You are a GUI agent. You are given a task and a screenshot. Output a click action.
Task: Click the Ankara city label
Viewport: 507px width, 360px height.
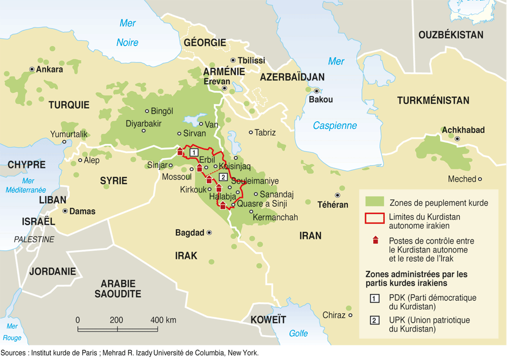50,69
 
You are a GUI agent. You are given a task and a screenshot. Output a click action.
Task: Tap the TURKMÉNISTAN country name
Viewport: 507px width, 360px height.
433,100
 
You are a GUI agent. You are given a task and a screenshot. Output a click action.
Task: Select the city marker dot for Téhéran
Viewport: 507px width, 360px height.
337,195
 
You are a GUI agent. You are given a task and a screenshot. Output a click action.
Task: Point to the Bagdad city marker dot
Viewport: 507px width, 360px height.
209,233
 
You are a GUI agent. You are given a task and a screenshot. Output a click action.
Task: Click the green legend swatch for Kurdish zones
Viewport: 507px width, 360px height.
374,202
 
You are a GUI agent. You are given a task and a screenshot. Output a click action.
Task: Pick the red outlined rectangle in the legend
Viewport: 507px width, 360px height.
374,219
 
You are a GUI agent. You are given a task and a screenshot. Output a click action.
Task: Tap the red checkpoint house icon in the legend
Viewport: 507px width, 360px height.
375,240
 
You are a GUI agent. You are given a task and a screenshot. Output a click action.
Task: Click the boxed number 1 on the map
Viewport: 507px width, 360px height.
193,152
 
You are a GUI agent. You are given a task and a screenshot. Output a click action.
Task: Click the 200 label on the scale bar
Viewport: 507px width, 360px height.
117,320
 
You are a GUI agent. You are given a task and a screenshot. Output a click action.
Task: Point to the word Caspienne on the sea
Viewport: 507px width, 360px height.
335,126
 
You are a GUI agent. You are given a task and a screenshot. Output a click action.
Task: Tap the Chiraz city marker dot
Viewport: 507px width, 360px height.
350,315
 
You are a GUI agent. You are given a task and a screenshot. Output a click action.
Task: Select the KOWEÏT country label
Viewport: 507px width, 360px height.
268,320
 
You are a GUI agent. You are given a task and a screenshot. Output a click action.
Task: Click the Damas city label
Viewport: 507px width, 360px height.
82,211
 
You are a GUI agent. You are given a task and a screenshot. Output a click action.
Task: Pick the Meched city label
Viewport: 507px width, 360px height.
462,179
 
